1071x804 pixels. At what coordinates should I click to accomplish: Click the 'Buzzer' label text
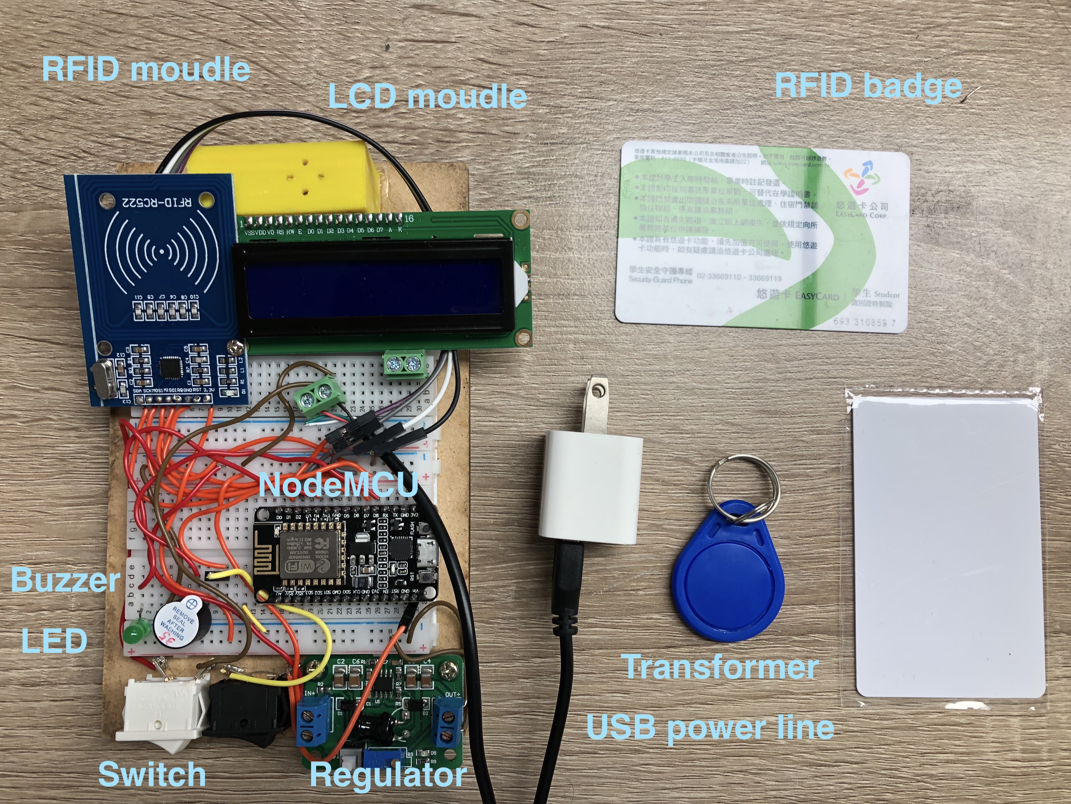65,580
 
